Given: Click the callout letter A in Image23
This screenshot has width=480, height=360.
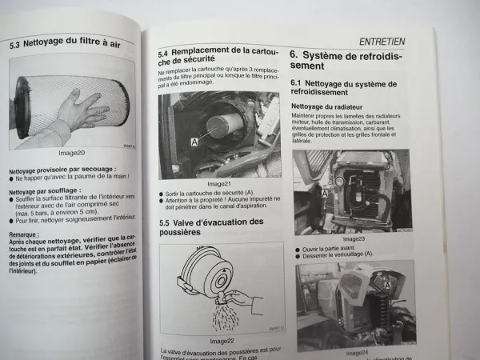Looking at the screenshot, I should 302,194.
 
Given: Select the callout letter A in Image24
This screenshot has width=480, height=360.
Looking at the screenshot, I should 389,282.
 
